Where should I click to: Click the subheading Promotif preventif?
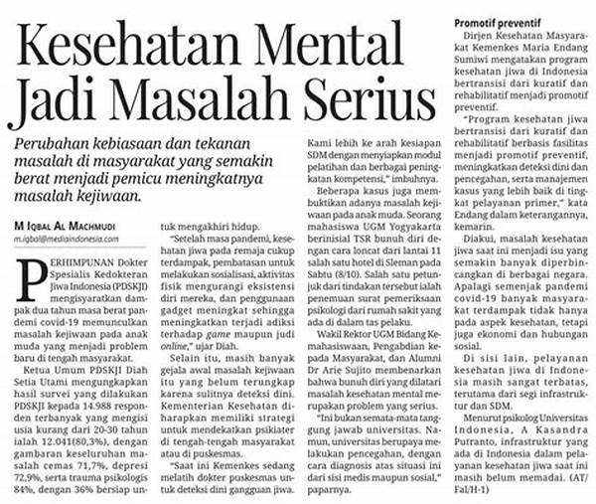click(x=499, y=22)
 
